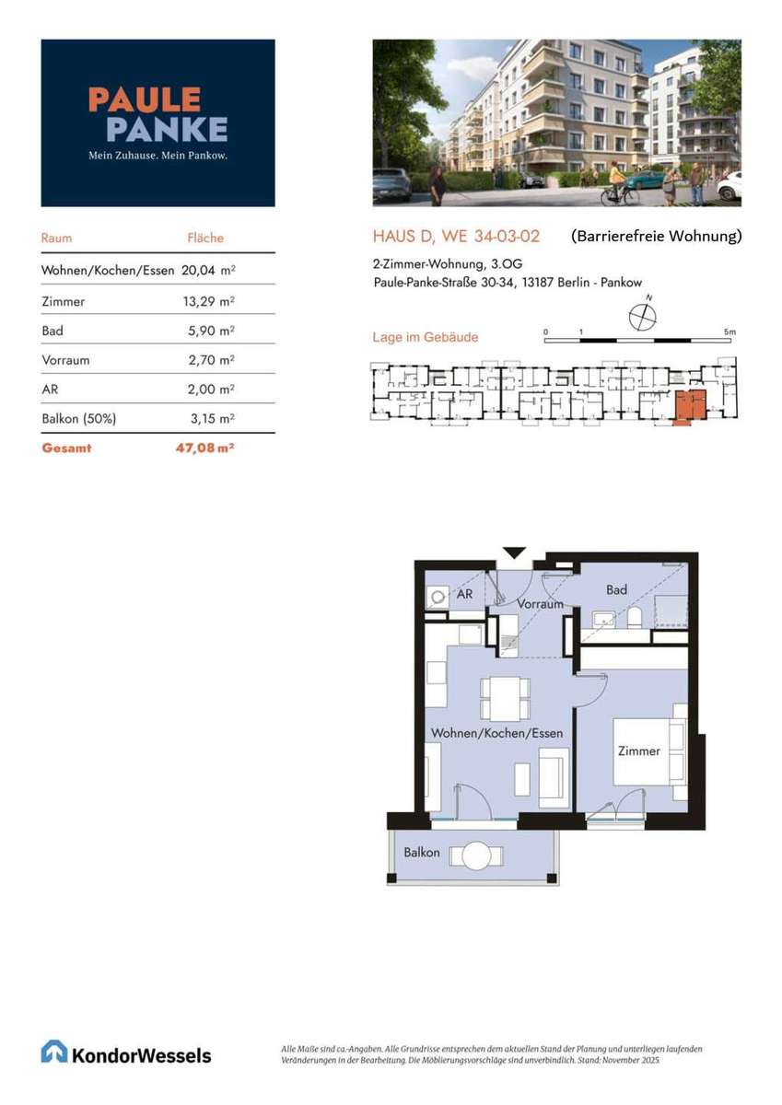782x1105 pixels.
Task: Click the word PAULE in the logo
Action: click(145, 99)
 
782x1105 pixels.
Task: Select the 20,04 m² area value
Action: click(208, 271)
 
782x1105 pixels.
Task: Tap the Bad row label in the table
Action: click(53, 331)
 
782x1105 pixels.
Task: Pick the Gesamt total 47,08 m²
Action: click(204, 448)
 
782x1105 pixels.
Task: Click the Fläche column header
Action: click(205, 238)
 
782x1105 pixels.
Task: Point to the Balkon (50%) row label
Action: click(79, 419)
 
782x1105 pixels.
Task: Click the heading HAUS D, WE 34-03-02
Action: click(456, 237)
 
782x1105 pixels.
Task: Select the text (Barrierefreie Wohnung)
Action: click(656, 237)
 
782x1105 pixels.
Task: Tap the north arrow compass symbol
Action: click(643, 316)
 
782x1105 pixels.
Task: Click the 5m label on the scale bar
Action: click(729, 332)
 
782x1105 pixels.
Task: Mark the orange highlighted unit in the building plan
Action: click(690, 407)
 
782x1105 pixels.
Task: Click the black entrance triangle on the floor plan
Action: click(514, 553)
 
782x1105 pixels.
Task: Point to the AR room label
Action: click(465, 594)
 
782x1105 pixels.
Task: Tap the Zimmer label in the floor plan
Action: click(639, 750)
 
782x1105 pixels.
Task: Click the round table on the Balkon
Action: click(476, 855)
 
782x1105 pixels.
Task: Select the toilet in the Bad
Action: click(635, 617)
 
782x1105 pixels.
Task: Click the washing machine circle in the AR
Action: click(438, 598)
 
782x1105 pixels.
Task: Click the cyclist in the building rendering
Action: click(614, 186)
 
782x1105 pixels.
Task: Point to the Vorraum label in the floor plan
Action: click(541, 604)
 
